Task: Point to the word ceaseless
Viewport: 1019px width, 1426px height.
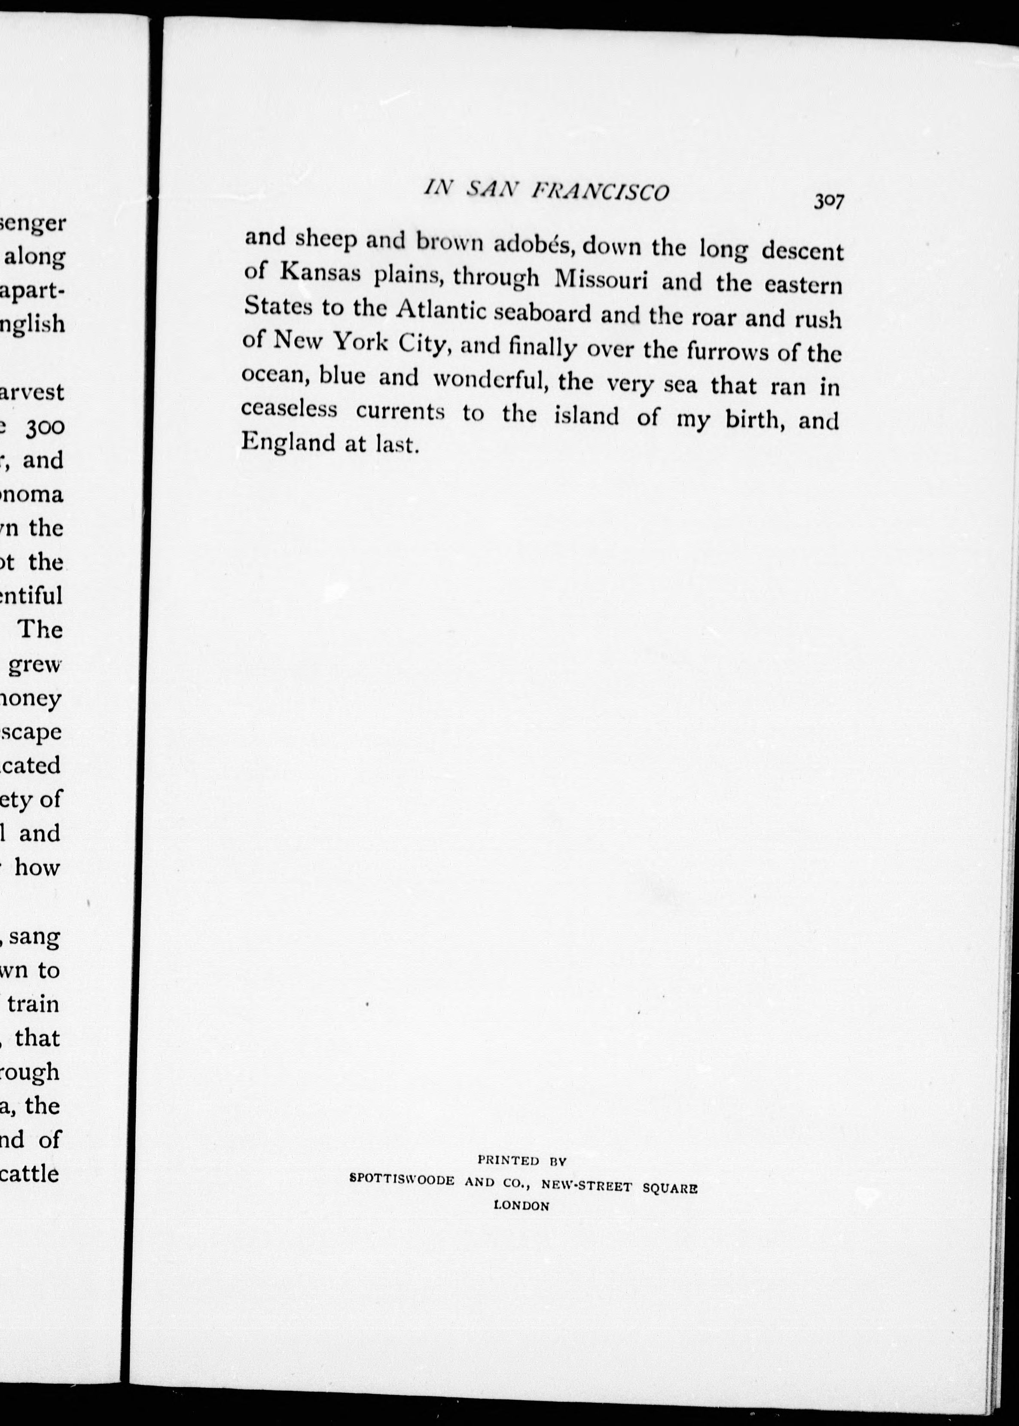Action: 289,409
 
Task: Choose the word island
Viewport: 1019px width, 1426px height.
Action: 586,416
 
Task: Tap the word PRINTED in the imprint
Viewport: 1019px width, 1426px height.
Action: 508,1161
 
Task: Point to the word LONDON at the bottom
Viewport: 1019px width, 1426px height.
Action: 522,1205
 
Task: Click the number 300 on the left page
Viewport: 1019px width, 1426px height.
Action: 43,427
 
